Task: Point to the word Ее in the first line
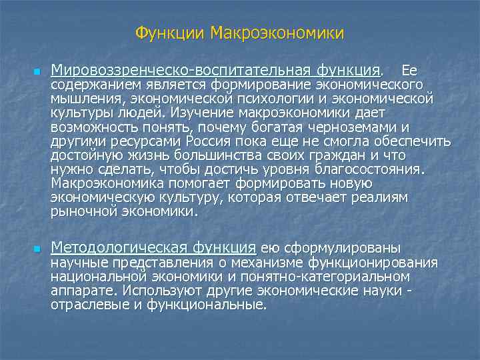409,70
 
